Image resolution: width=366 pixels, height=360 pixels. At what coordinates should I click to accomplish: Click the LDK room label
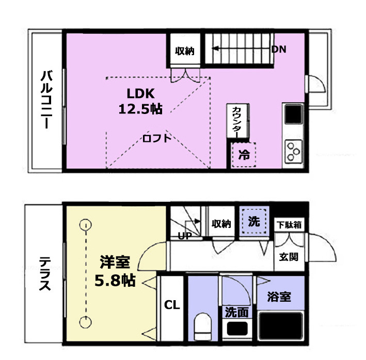tap(140, 93)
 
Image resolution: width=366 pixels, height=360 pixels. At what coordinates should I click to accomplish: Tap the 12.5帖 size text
tap(140, 109)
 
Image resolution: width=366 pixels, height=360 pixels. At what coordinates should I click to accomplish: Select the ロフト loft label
tap(157, 139)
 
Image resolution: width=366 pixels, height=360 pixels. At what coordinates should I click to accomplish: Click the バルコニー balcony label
tap(46, 100)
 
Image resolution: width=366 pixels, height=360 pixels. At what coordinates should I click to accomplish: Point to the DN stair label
tap(279, 49)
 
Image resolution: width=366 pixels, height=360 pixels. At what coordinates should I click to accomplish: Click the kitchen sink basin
tap(294, 114)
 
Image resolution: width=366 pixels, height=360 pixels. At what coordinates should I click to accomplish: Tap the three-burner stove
tap(293, 152)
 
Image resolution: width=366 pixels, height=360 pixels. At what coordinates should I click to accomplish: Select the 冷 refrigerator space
tap(244, 155)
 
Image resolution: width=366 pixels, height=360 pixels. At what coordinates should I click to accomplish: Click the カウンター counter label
tap(236, 122)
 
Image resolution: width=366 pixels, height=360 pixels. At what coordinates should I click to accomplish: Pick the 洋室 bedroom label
tap(115, 262)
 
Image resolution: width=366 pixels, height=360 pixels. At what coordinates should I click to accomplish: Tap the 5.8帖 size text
tap(115, 281)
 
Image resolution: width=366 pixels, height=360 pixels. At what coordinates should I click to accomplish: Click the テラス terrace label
tap(45, 273)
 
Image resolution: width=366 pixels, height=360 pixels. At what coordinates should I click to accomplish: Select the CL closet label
tap(172, 305)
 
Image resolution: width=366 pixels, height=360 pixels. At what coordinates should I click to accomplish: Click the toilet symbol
tap(202, 326)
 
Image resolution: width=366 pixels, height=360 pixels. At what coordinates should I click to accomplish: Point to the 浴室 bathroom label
tap(279, 297)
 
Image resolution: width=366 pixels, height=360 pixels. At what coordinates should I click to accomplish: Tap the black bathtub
tap(281, 326)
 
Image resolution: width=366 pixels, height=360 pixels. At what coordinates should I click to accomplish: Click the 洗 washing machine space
tap(254, 221)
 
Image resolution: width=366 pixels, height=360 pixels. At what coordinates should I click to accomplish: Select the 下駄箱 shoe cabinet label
tap(289, 225)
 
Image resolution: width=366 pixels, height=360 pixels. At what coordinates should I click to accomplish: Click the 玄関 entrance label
tap(289, 257)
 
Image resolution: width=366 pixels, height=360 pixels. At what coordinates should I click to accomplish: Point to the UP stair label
tap(185, 236)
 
